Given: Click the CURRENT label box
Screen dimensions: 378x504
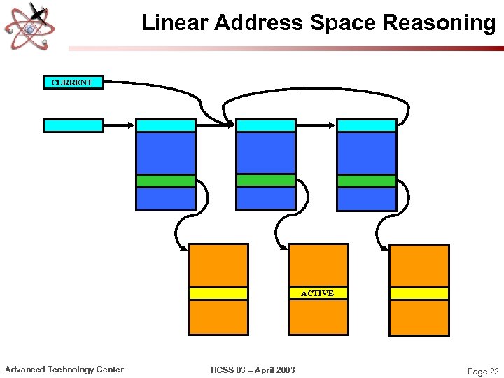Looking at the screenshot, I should coord(73,83).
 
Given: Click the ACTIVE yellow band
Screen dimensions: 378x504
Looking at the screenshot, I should coord(318,293).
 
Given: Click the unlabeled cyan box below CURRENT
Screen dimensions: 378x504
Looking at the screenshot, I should coord(73,126).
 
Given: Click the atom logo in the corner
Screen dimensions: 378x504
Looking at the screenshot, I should coord(29,26).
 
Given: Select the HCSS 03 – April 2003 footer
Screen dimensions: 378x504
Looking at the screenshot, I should coord(252,370).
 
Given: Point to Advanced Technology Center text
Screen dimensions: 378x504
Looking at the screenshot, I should coord(64,370).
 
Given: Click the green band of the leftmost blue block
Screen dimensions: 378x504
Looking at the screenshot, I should coord(165,181).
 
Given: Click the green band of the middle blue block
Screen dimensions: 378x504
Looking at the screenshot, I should coord(266,180).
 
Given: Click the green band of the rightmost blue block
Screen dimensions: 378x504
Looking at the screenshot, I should coord(367,181).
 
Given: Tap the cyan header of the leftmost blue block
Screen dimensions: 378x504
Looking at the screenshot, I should coord(165,125).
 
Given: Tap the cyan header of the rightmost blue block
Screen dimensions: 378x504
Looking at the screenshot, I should coord(367,125).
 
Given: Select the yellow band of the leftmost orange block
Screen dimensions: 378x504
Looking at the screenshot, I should coord(218,293).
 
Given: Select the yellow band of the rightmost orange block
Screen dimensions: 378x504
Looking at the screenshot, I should coord(419,293).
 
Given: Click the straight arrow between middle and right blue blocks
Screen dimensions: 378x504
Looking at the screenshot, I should coord(316,125).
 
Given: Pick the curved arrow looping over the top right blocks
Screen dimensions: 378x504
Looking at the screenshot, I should coord(315,92).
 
